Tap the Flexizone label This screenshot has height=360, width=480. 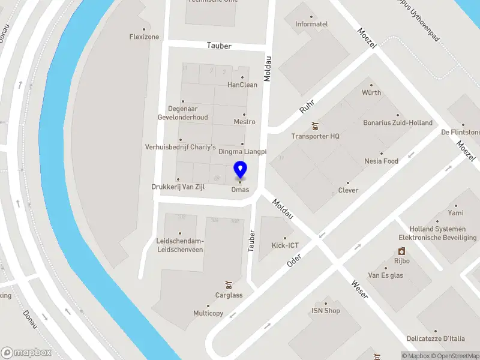[144, 37]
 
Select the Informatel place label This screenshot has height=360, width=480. [311, 24]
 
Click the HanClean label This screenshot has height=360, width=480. [242, 85]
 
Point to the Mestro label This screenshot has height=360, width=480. [244, 122]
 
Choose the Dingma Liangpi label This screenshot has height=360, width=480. [242, 152]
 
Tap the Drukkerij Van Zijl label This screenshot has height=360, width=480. [178, 187]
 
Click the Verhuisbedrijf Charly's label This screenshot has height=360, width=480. [180, 147]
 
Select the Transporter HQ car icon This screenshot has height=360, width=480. [315, 126]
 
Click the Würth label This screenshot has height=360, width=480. [371, 93]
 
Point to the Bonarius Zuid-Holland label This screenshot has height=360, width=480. [398, 122]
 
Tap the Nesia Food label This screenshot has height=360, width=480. [381, 161]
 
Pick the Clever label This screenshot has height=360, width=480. [348, 190]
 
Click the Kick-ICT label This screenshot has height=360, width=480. [285, 245]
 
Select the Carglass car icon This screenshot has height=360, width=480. [229, 284]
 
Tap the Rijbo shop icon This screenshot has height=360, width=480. [401, 251]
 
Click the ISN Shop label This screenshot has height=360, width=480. [325, 310]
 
